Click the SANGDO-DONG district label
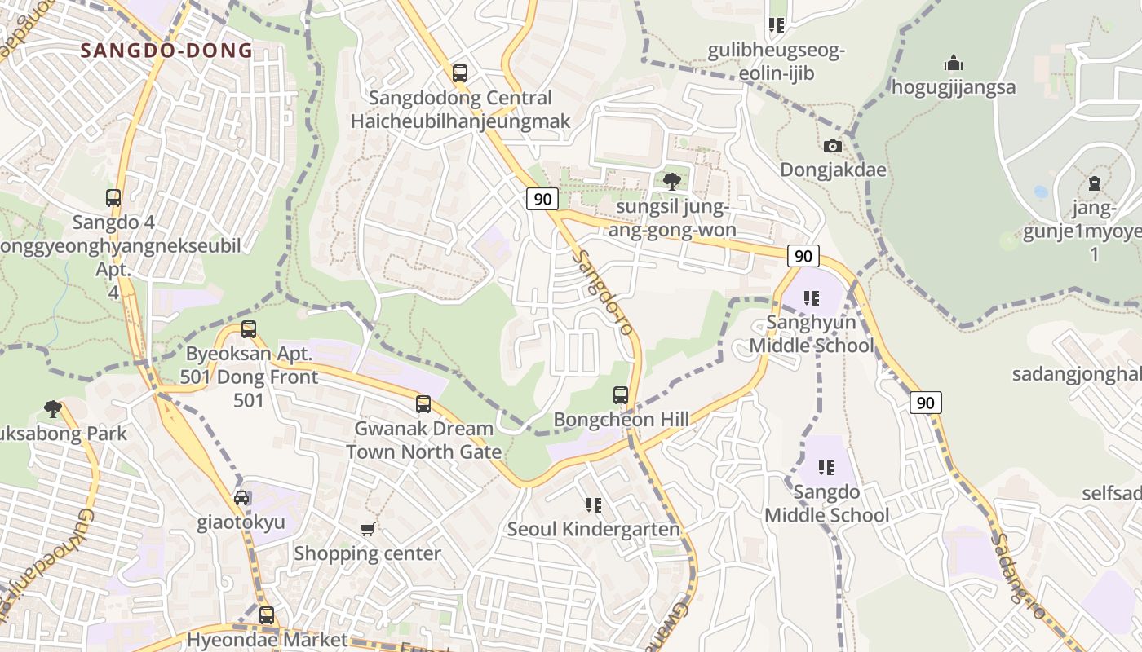[x=166, y=51]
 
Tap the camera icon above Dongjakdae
[x=832, y=146]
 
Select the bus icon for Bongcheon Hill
[x=621, y=395]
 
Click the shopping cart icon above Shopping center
[x=368, y=530]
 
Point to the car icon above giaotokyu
[x=241, y=498]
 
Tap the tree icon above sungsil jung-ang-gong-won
[x=671, y=181]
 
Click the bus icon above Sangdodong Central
[x=460, y=73]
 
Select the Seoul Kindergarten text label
[x=593, y=530]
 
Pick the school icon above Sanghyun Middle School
[x=811, y=297]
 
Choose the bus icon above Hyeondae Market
[x=267, y=615]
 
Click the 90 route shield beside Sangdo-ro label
[x=542, y=199]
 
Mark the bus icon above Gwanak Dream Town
[x=423, y=404]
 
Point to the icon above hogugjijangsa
[x=953, y=63]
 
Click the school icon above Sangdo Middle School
[x=826, y=468]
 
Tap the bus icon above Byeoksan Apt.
[x=249, y=329]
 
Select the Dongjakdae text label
[x=833, y=170]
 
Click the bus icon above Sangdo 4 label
[x=113, y=197]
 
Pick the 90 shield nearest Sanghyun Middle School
[x=803, y=256]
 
